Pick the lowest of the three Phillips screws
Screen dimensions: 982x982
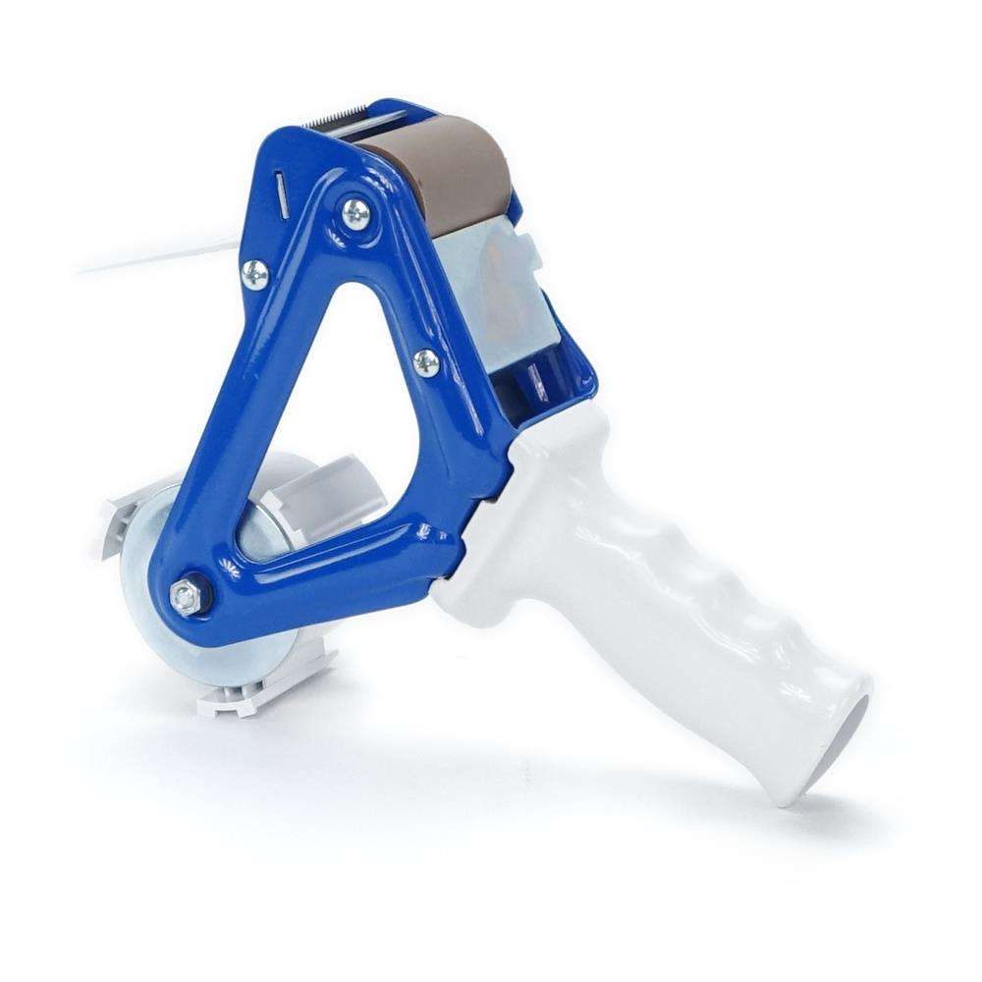point(426,362)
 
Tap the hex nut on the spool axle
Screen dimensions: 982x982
point(183,594)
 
